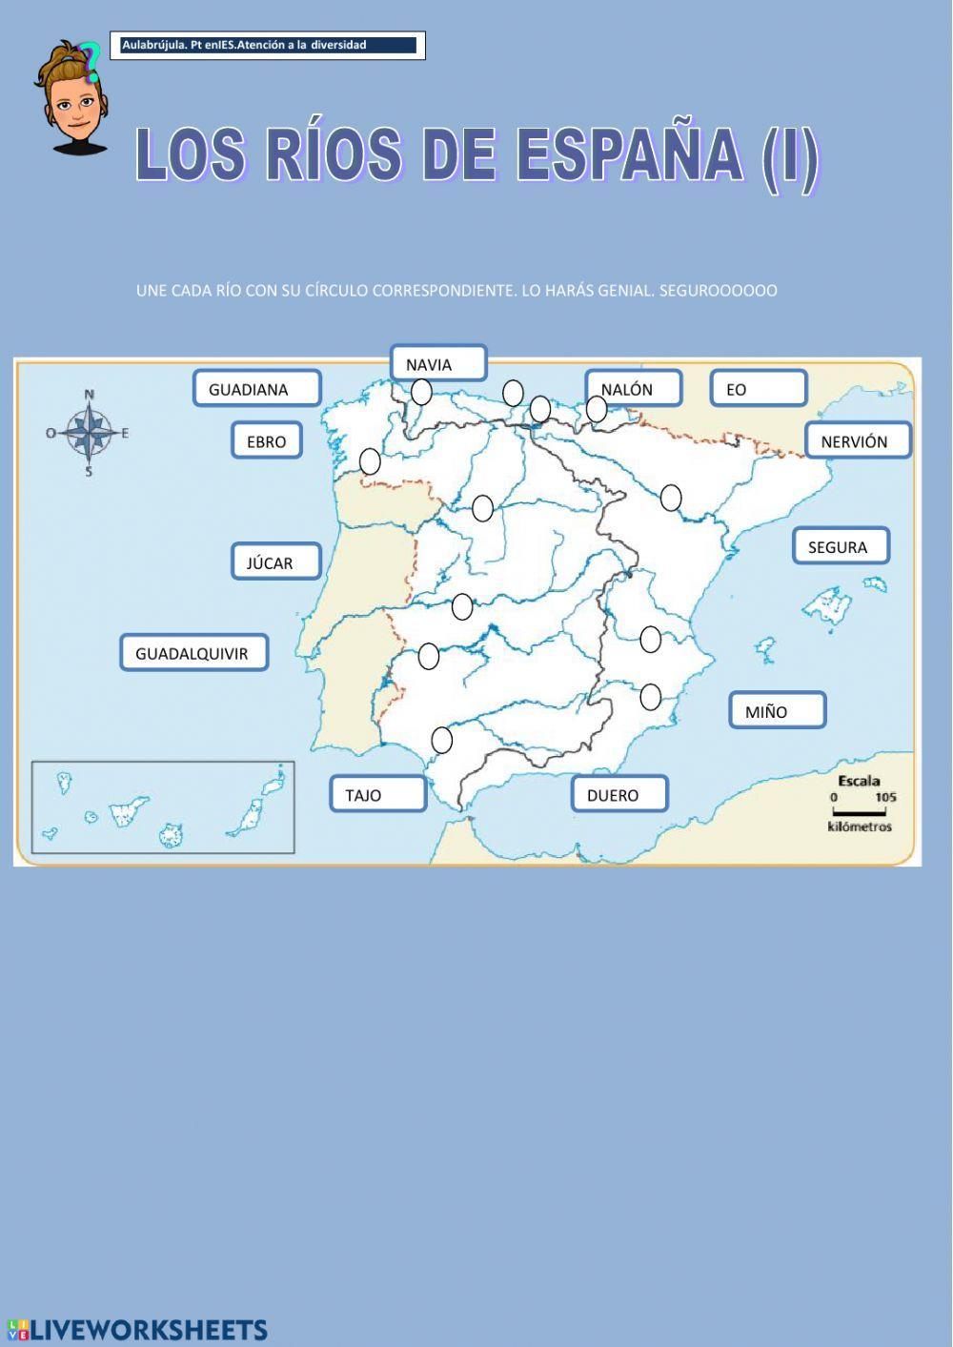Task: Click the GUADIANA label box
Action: coord(256,389)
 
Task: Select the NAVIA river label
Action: coord(438,364)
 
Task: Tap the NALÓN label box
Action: coord(633,389)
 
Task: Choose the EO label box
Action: coord(758,389)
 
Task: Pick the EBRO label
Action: coord(267,441)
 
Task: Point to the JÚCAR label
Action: coord(275,562)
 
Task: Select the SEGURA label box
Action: coord(841,547)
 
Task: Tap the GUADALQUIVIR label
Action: coord(193,654)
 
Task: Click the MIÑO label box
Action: coord(777,711)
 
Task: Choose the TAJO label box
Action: coord(377,794)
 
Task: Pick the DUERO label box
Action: coord(618,794)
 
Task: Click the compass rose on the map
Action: coord(89,433)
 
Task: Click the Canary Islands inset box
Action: coord(163,806)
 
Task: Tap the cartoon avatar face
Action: coord(72,105)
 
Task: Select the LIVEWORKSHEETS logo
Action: coord(137,1330)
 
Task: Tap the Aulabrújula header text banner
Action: coord(268,45)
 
